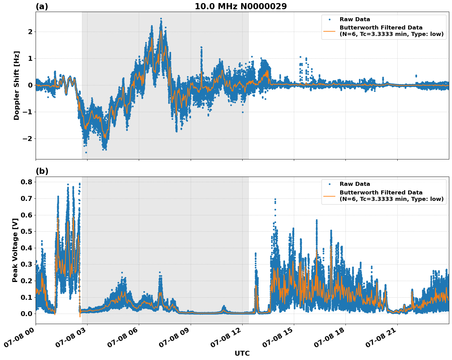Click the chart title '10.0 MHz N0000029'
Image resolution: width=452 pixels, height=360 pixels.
[x=241, y=6]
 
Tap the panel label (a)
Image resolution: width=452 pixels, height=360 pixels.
[x=42, y=6]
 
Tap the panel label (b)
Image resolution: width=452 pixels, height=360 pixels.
[x=42, y=171]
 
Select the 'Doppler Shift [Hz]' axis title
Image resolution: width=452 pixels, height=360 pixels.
[x=17, y=85]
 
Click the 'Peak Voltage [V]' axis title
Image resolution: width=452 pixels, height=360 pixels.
[x=15, y=250]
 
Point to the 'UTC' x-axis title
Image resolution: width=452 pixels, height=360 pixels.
[x=242, y=353]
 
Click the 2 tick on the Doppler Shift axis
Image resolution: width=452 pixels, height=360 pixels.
[x=30, y=32]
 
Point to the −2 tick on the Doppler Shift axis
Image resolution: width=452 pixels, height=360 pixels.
[x=28, y=139]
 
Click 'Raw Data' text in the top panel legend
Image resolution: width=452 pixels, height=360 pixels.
[x=355, y=19]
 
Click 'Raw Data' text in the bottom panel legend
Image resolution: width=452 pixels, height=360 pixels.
[x=355, y=184]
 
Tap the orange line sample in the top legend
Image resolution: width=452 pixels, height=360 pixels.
[x=329, y=31]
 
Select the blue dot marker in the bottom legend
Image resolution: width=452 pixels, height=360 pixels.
[x=329, y=184]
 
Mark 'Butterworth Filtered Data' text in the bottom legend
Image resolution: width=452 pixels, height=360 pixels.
[x=381, y=193]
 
